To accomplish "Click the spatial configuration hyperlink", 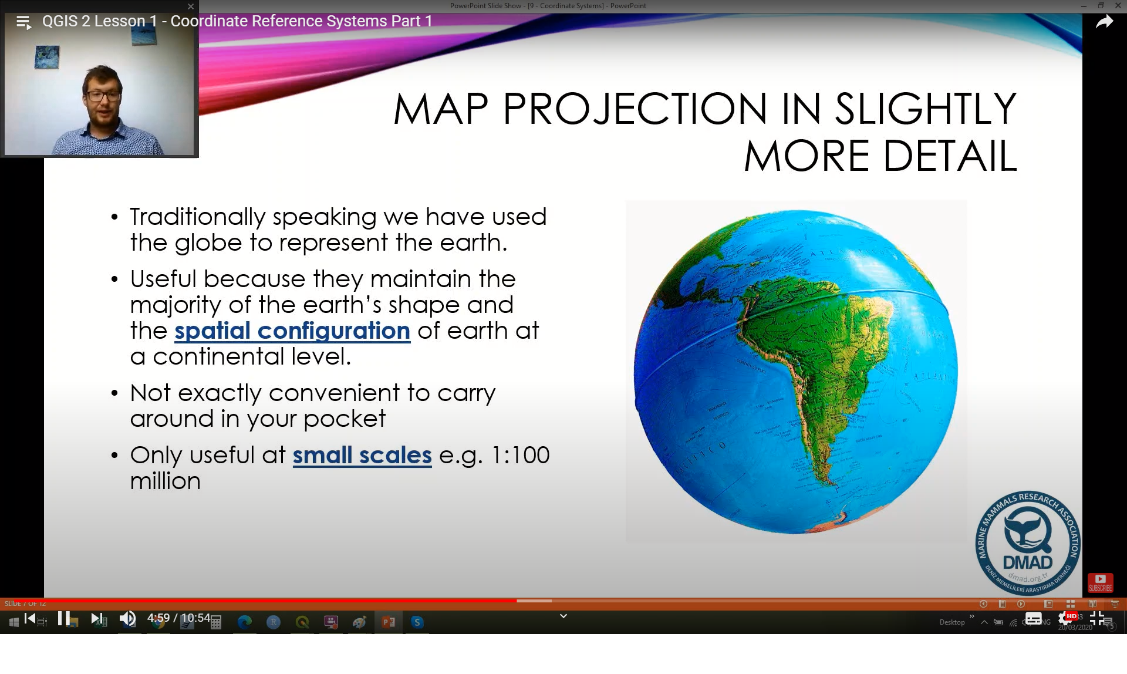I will (292, 331).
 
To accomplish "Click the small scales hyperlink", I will (362, 456).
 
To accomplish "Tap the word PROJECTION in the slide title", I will (635, 109).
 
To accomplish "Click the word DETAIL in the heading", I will (949, 157).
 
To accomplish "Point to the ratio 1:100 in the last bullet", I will (520, 456).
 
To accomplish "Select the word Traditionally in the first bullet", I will (197, 217).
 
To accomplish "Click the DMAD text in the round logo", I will (1027, 562).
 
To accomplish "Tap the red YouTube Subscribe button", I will (1100, 582).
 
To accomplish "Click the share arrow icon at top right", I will (1104, 22).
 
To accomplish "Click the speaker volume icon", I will (127, 618).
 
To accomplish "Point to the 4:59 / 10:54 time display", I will (178, 618).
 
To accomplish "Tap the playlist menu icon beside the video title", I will (23, 22).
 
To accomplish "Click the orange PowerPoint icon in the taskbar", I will (388, 622).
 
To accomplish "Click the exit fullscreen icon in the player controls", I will (1096, 618).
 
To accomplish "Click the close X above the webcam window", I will (190, 6).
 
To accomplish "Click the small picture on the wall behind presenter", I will (47, 58).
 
